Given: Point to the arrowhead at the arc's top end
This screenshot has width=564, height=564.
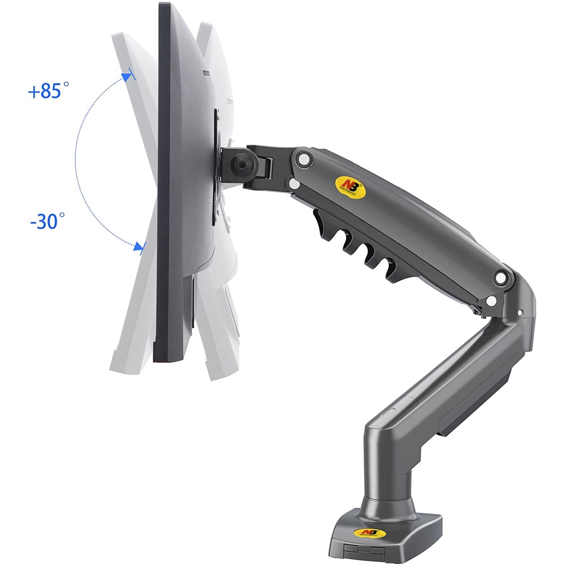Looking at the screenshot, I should (128, 76).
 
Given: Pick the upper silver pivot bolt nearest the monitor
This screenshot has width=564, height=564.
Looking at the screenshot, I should (302, 159).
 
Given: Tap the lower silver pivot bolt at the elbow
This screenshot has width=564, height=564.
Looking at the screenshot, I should (491, 301).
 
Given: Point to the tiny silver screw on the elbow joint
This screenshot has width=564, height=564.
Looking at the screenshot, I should (520, 313).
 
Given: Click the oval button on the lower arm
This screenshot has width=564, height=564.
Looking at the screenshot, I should (388, 412).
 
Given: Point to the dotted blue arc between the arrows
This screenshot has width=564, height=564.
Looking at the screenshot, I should (77, 160).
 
